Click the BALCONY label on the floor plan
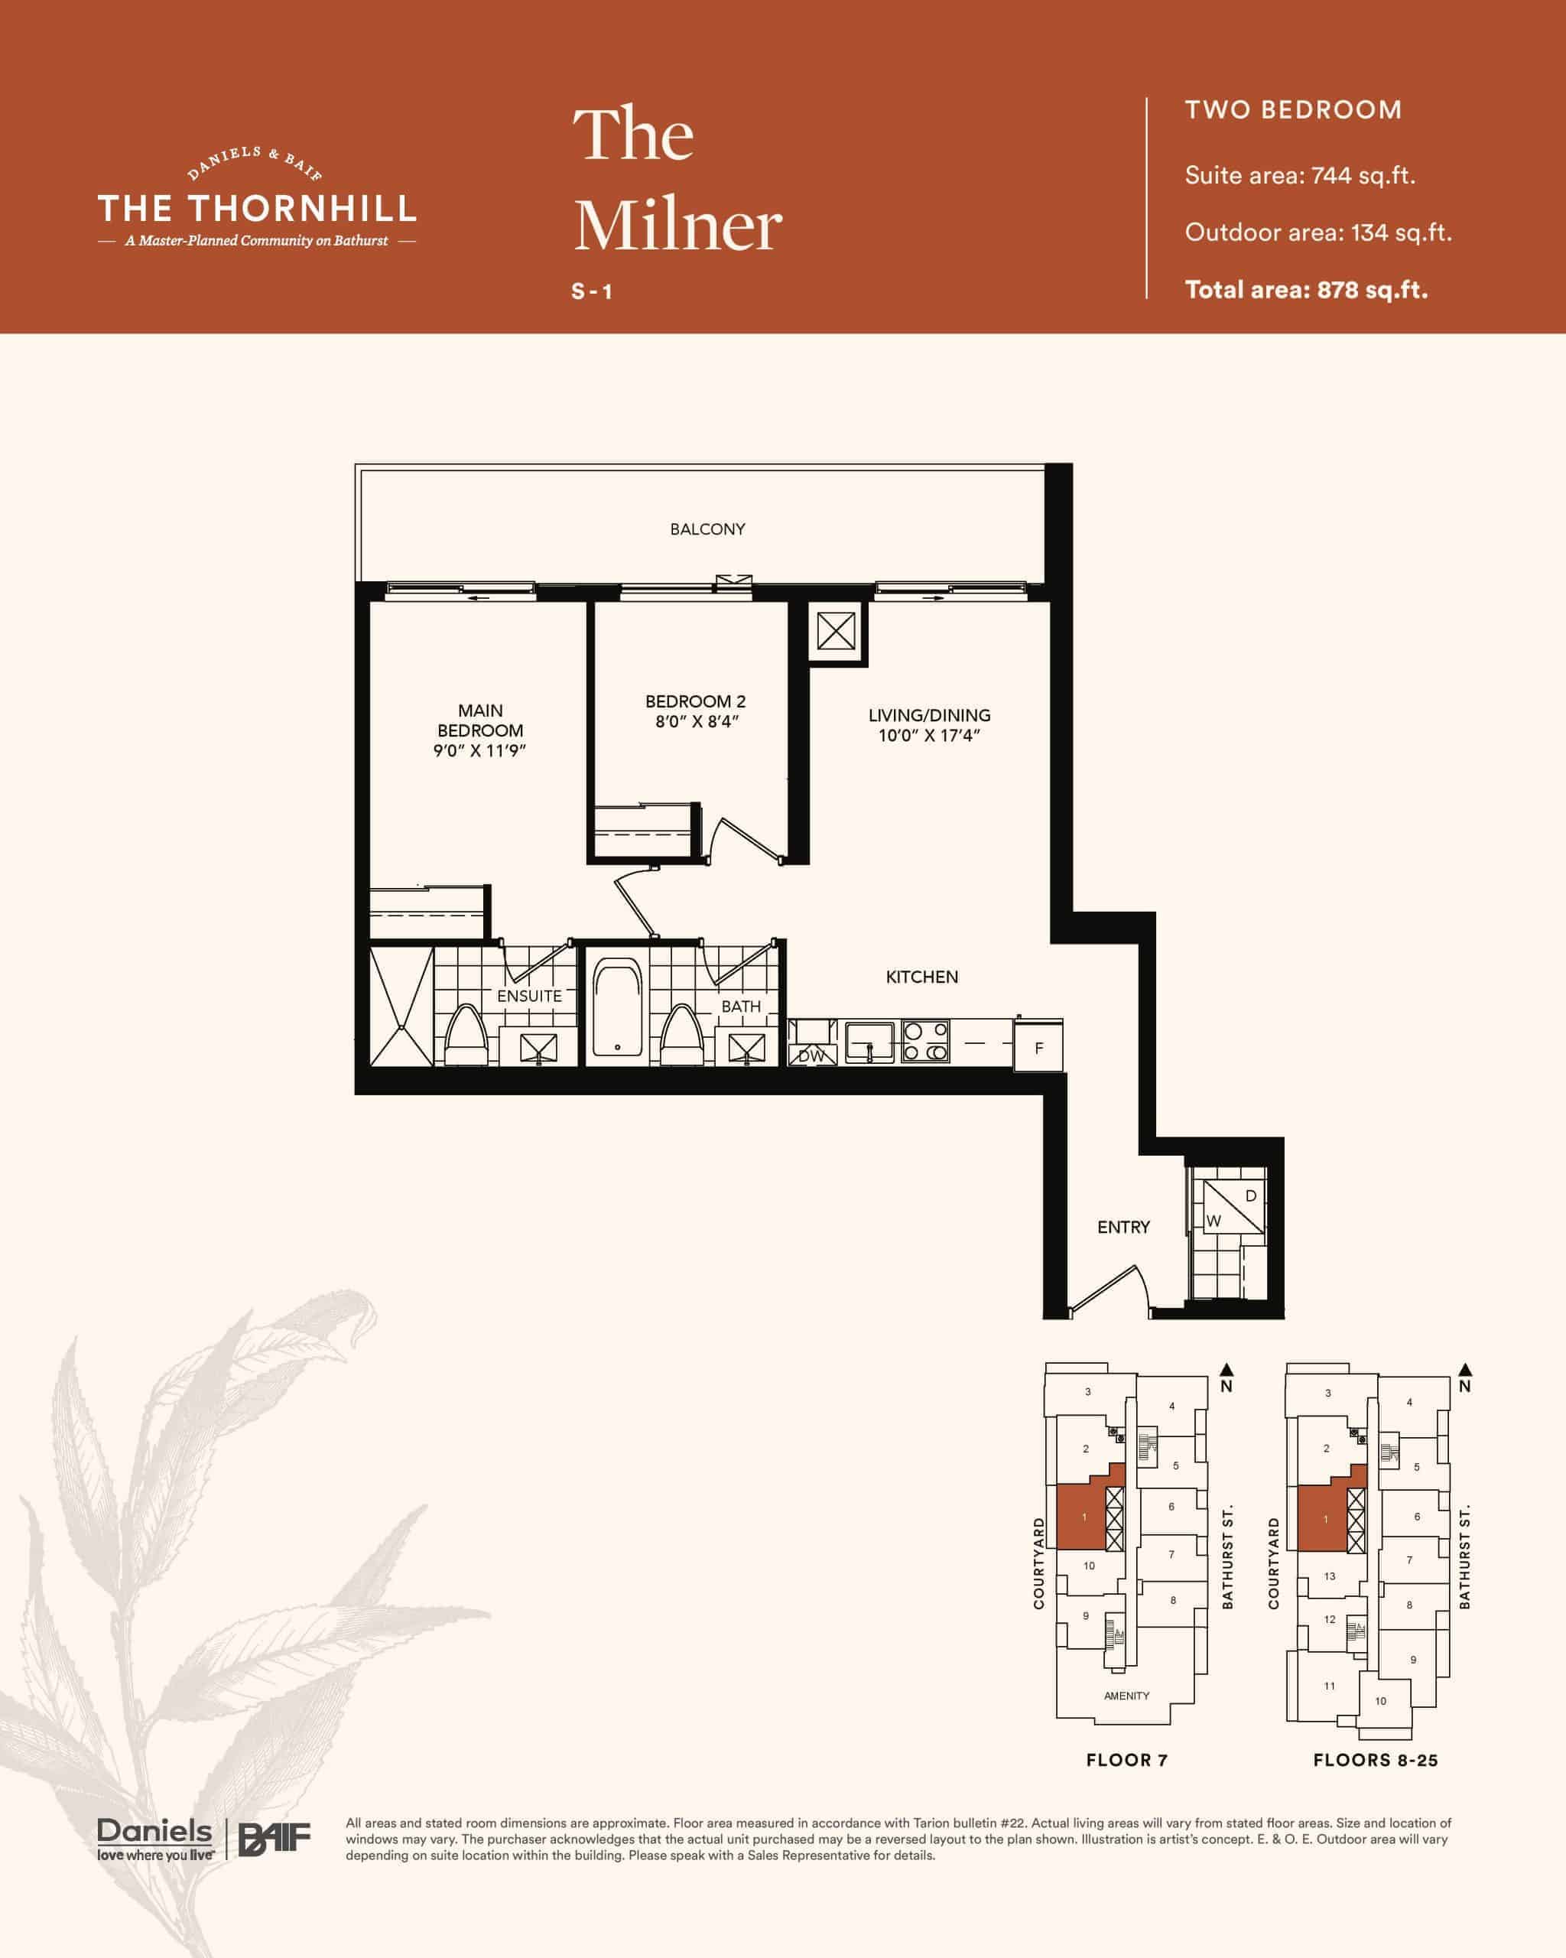click(707, 529)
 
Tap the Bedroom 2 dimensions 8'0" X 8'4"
click(697, 722)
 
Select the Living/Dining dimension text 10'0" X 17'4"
click(929, 736)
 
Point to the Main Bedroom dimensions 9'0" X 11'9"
click(479, 750)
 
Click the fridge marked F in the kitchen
click(1038, 1046)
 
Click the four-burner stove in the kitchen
click(925, 1042)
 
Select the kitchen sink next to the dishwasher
click(869, 1042)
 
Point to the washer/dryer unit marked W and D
click(1233, 1207)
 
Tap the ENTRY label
click(1123, 1227)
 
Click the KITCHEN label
click(921, 976)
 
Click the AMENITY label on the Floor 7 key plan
click(1126, 1696)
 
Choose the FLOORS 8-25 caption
click(1376, 1760)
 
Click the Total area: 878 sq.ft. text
click(1306, 290)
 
